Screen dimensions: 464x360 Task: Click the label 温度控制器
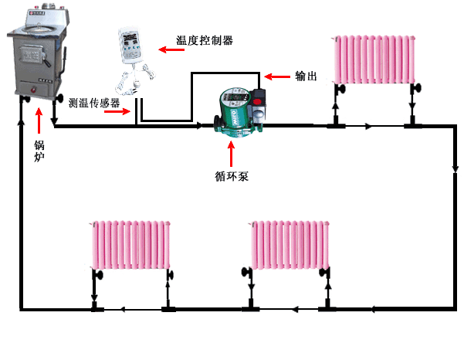tap(205, 40)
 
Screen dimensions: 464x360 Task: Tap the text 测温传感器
tap(94, 103)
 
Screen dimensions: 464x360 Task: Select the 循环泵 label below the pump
tap(232, 176)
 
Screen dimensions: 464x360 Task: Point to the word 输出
tap(306, 76)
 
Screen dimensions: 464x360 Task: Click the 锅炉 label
tap(39, 151)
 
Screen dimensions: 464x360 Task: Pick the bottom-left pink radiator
tap(130, 245)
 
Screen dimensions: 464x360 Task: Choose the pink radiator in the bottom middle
tap(290, 245)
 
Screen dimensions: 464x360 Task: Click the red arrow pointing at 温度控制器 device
tap(171, 49)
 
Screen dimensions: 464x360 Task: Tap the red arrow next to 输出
tap(276, 76)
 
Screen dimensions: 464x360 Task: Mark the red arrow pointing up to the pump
tap(231, 154)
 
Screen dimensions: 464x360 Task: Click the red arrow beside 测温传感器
tap(117, 111)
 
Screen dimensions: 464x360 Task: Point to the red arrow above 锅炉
tap(39, 121)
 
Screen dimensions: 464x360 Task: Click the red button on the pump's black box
tap(257, 102)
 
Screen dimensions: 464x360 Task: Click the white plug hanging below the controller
tap(137, 83)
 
